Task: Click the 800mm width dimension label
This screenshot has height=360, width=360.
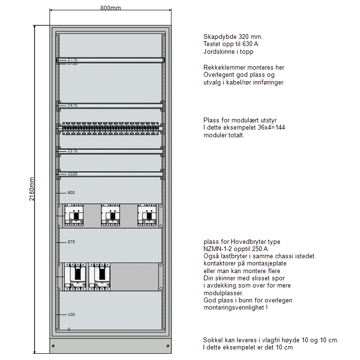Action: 110,8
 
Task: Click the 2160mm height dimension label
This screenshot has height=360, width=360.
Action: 32,189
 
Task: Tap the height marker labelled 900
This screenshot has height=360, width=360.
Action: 71,192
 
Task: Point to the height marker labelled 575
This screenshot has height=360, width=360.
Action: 71,242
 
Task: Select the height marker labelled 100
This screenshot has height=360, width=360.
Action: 71,314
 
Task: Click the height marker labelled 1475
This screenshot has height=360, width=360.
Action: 72,105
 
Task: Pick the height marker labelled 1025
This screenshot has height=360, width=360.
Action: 72,174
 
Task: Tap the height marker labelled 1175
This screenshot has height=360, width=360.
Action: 72,151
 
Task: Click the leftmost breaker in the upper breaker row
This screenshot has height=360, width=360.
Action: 74,215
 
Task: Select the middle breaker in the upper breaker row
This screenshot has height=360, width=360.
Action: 110,215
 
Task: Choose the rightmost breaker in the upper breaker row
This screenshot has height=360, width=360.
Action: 147,215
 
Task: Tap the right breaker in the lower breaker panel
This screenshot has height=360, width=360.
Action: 99,276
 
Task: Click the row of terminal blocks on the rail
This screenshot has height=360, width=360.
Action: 110,128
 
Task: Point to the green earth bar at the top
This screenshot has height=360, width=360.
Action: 110,60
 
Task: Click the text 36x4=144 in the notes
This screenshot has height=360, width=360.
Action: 272,128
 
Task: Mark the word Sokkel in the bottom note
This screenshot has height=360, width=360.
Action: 212,340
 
